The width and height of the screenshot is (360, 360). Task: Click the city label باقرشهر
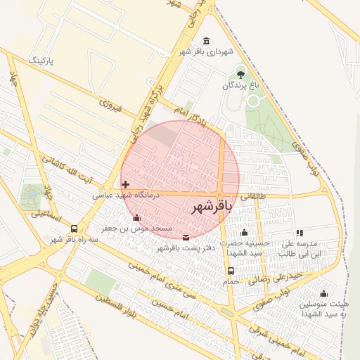coord(212,206)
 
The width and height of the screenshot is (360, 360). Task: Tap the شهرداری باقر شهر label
coord(205,52)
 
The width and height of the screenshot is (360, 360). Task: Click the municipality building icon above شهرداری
coord(205,41)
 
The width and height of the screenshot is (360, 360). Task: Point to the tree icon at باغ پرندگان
coord(241,73)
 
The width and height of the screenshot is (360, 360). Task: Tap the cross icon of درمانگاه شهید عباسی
coord(125,184)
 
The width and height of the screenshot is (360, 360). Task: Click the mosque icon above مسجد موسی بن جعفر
coord(136,218)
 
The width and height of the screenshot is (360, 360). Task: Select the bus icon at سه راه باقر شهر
coord(75,229)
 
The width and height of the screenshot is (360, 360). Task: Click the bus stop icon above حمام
coord(231,271)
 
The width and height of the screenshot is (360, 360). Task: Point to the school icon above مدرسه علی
coord(300,233)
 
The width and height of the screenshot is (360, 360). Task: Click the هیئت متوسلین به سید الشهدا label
coord(321,309)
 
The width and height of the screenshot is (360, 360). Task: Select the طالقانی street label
coord(254,198)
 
